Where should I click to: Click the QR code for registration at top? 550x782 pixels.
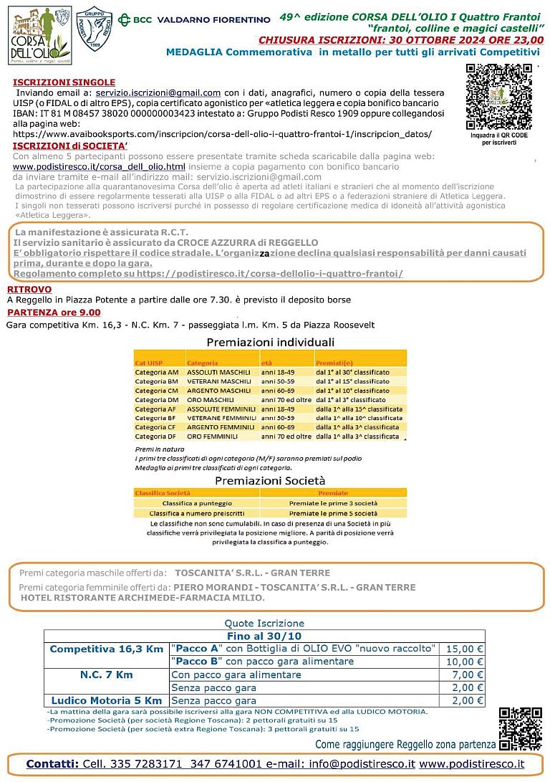coord(498,97)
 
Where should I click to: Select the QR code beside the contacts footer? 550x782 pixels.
coord(520,728)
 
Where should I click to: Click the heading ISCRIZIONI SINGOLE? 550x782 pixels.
coord(64,82)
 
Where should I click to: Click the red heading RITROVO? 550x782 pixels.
coord(29,288)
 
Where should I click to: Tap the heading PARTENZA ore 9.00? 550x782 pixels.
coord(54,313)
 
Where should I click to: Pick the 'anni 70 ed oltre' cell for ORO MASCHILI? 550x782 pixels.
coord(286,399)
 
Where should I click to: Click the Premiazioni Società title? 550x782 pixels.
coord(270,480)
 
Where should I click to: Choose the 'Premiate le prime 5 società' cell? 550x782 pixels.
coord(333,513)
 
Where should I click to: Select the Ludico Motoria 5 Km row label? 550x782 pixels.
coord(106,700)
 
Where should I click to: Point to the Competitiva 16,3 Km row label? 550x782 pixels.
coord(106,649)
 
